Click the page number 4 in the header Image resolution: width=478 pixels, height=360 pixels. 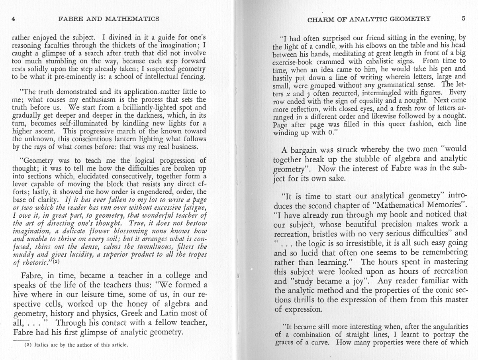pyautogui.click(x=13, y=18)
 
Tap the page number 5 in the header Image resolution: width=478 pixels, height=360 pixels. pyautogui.click(x=463, y=18)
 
